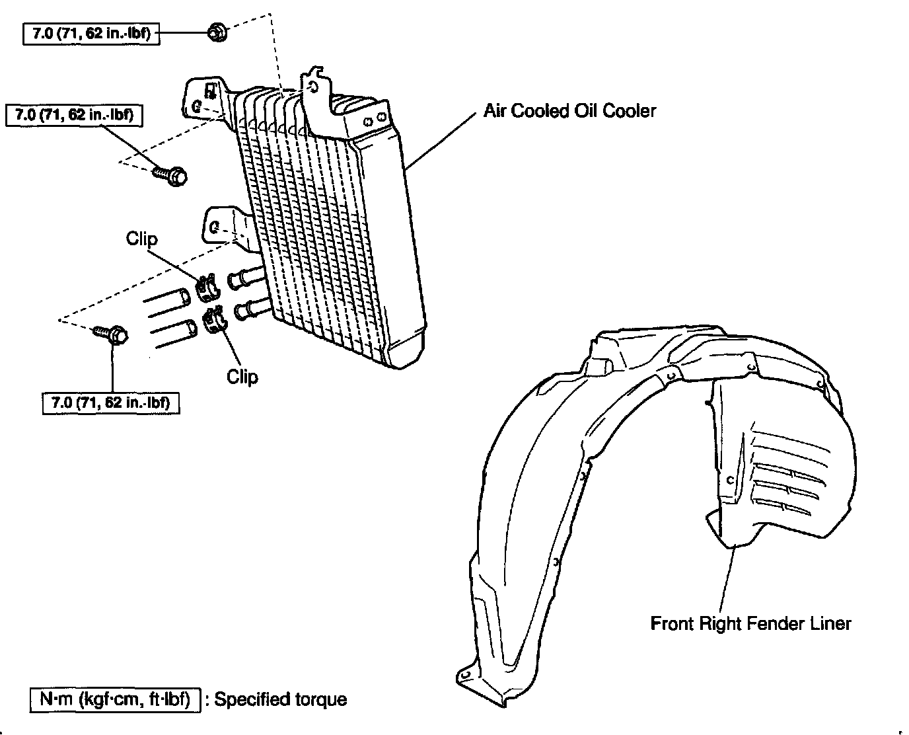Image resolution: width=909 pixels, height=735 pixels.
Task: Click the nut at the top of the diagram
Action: click(x=215, y=32)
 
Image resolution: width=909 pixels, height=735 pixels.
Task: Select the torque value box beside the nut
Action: click(x=91, y=33)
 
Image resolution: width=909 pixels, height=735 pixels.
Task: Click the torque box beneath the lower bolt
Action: click(x=111, y=401)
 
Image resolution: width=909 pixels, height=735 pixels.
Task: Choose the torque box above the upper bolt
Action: click(x=74, y=115)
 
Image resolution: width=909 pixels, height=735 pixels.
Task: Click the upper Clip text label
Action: click(x=142, y=239)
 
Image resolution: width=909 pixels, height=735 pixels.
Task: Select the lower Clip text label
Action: click(x=242, y=376)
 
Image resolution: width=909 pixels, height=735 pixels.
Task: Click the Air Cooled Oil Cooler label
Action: click(x=570, y=110)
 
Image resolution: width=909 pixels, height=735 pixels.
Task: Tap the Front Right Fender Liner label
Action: click(x=751, y=623)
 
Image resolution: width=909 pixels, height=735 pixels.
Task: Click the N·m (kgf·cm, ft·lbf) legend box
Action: click(x=115, y=699)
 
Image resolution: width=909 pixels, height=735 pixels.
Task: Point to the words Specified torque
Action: click(x=281, y=699)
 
